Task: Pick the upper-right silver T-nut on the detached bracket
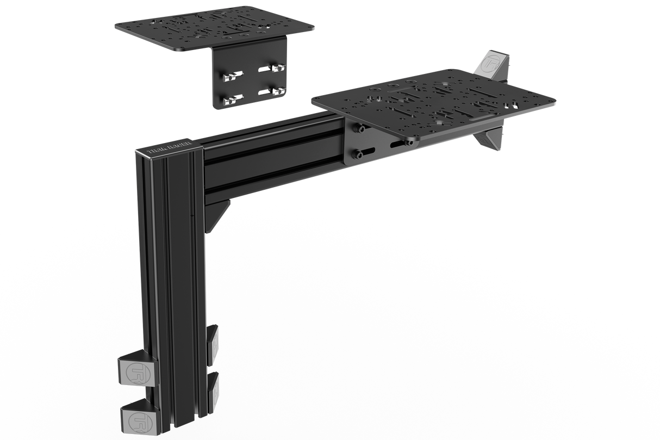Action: click(277, 68)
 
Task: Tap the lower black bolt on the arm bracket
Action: click(359, 155)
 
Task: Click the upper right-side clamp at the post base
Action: click(214, 340)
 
